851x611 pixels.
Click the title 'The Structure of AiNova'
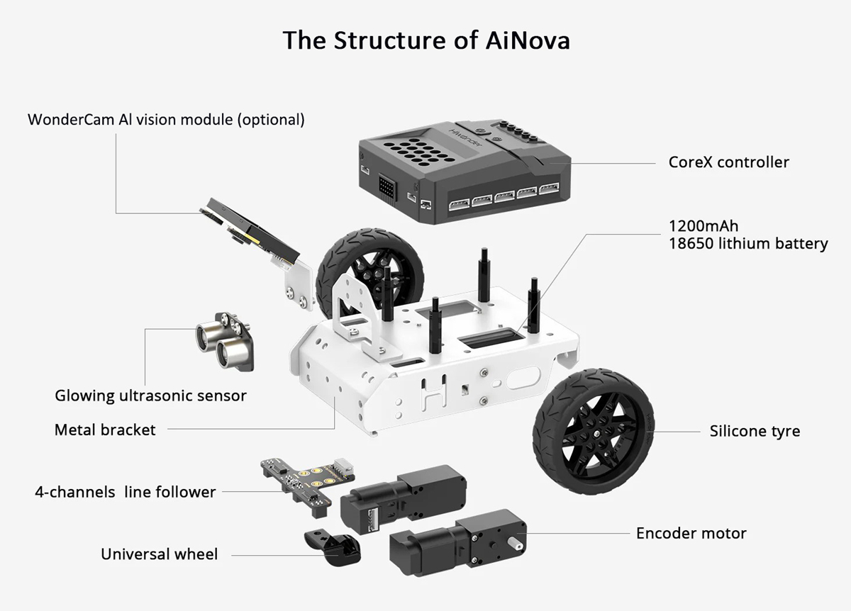[x=425, y=40]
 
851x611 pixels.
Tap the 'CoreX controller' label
[x=728, y=162]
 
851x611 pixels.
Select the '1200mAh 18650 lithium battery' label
[x=747, y=235]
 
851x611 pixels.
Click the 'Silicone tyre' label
[x=755, y=431]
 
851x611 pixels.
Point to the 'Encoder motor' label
[x=691, y=533]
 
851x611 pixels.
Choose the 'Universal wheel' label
[x=159, y=554]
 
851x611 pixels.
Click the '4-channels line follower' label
[x=126, y=491]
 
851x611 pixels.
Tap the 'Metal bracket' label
[x=105, y=430]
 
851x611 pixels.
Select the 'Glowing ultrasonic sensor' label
[x=150, y=396]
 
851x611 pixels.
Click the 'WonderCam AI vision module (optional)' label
[x=166, y=119]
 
